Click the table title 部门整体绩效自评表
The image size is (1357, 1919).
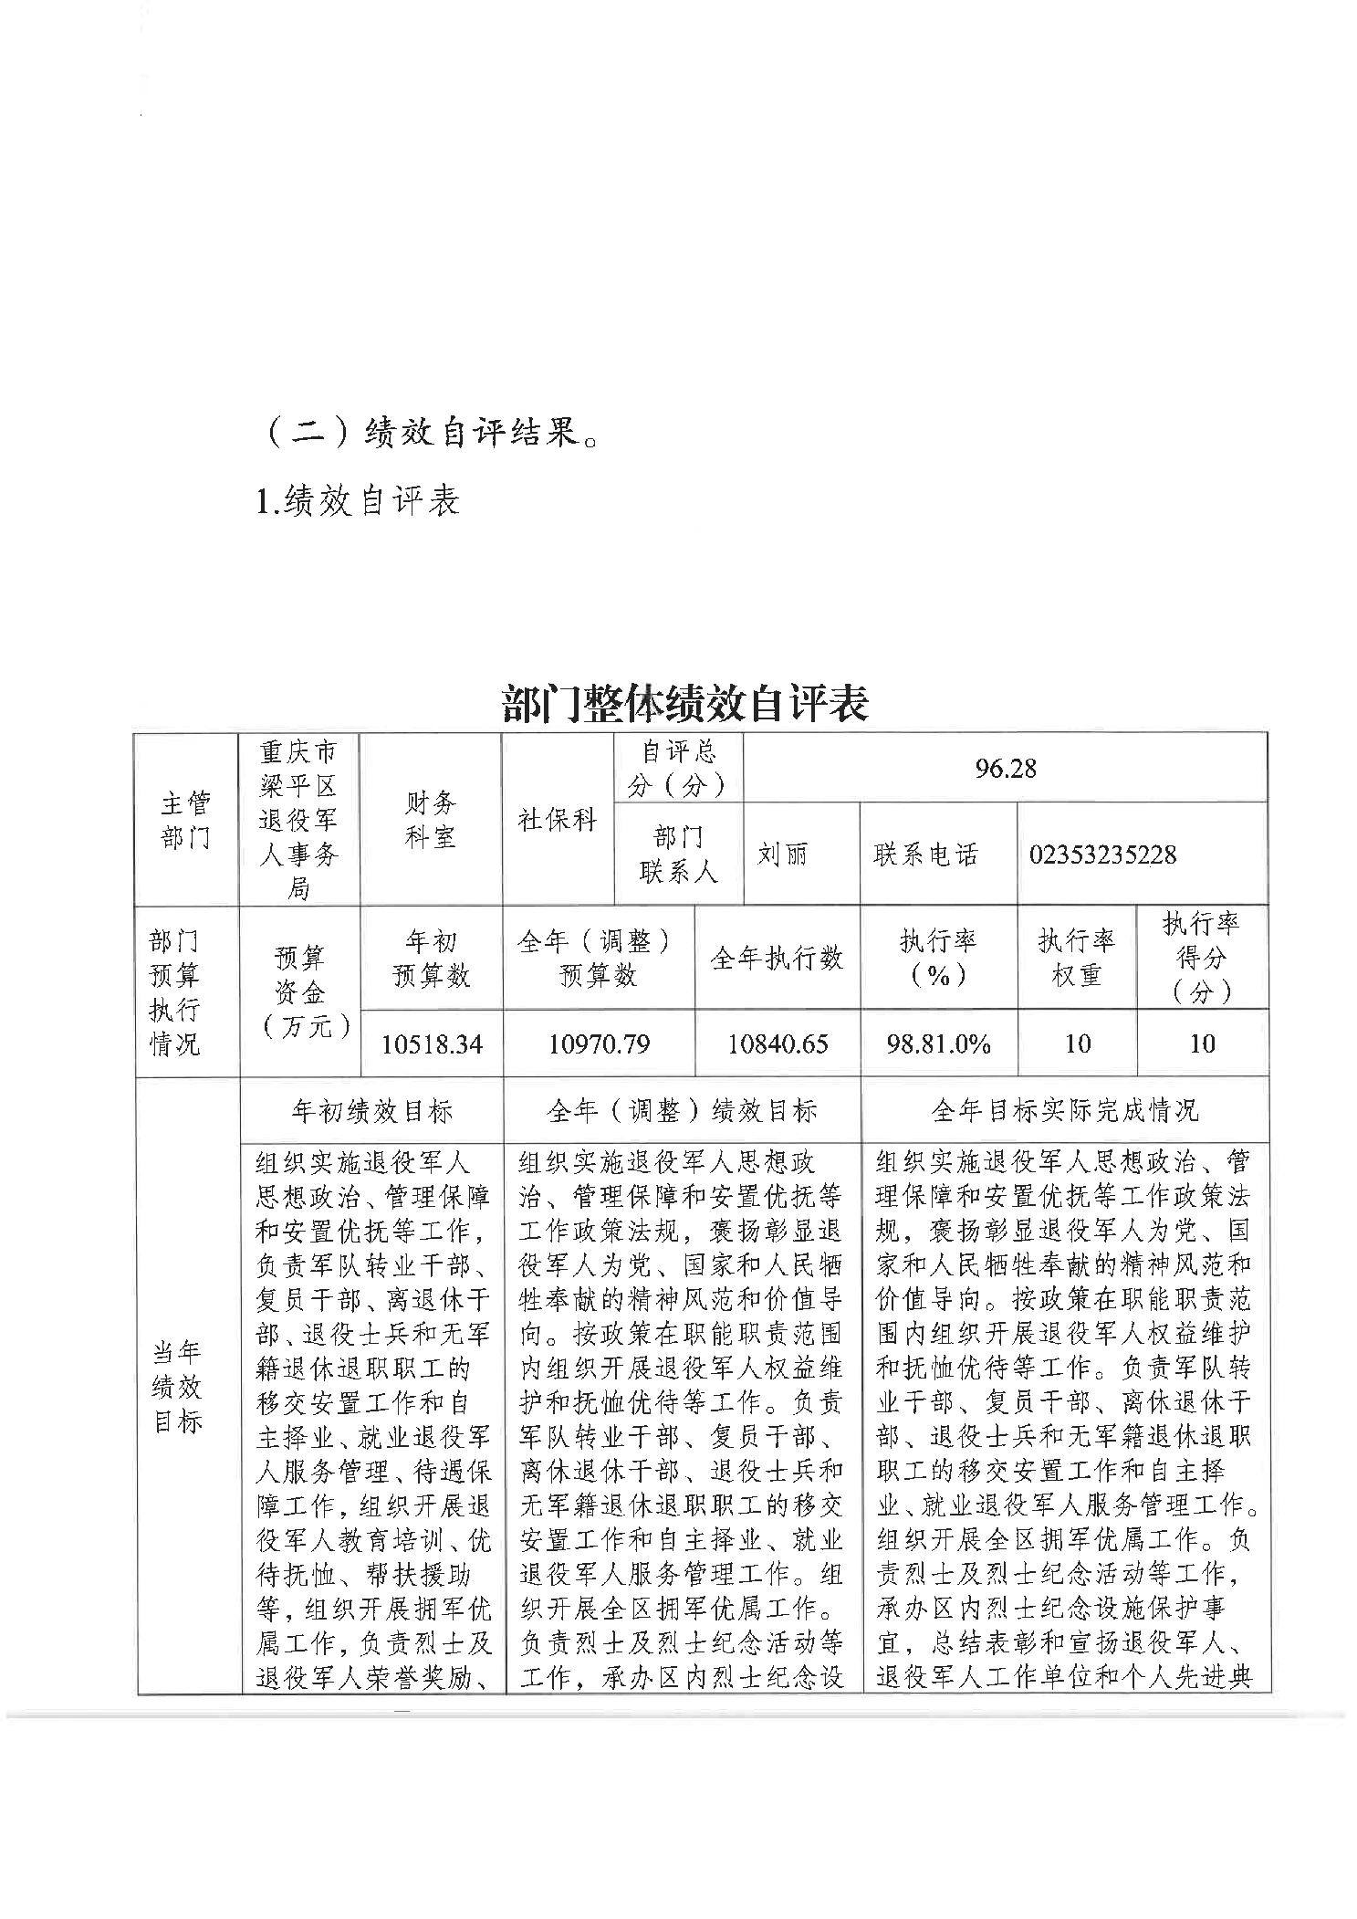point(685,703)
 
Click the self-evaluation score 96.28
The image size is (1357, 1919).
point(1005,768)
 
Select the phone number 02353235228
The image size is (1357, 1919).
point(1102,855)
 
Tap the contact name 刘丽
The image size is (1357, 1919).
point(782,855)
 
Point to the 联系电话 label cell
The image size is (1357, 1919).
point(925,855)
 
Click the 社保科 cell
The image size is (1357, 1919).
point(558,819)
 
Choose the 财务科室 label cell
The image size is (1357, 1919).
point(430,819)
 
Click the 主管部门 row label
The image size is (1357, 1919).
point(185,819)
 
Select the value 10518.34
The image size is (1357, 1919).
point(431,1043)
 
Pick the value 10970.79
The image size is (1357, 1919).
point(599,1043)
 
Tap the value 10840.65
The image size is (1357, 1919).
point(778,1043)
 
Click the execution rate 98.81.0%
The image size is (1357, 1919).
point(938,1043)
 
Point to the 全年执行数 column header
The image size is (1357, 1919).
point(777,958)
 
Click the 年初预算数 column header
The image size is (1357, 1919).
point(431,958)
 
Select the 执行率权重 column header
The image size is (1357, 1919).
point(1077,958)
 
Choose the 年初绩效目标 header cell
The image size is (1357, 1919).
point(371,1110)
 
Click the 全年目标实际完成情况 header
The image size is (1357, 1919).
point(1064,1110)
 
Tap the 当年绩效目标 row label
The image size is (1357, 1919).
point(176,1387)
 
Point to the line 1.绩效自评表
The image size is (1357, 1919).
point(359,500)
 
